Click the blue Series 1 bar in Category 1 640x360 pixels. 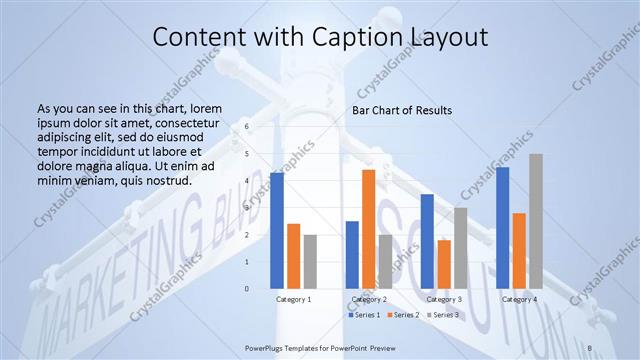(x=276, y=231)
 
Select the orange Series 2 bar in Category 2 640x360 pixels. (x=368, y=229)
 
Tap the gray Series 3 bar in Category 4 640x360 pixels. (x=536, y=221)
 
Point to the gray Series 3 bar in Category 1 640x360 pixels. (x=310, y=262)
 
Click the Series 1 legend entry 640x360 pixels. (x=363, y=315)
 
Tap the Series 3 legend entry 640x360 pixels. (x=443, y=315)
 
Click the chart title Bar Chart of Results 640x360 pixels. (x=402, y=109)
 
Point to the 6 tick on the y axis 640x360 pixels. (x=247, y=127)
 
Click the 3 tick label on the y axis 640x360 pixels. (x=247, y=208)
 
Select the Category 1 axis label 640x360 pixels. (x=293, y=299)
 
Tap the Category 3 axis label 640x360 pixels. (x=444, y=299)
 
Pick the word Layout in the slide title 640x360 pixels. (x=448, y=38)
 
